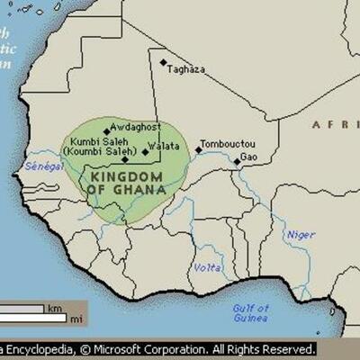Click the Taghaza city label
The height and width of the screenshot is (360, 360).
coord(188,68)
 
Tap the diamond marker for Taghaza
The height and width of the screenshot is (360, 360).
coord(164,62)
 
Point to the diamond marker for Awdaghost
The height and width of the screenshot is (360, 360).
coord(107,131)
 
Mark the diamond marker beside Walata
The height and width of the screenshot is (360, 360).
coord(145,152)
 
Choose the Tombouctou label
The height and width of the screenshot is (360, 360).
coord(228,144)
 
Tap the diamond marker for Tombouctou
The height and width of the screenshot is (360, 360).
coord(199,150)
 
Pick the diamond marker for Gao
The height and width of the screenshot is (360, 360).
coord(238,162)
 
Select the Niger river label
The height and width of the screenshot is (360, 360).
coord(301,236)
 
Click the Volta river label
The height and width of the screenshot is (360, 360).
coord(208,268)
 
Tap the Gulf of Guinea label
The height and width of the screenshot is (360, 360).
coord(250,312)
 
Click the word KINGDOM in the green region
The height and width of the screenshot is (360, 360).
coord(125,176)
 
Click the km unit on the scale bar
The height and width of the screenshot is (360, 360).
coord(54,308)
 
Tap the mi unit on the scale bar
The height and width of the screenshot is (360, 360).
coord(76,319)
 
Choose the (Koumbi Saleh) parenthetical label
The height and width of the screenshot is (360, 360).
coord(94,154)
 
